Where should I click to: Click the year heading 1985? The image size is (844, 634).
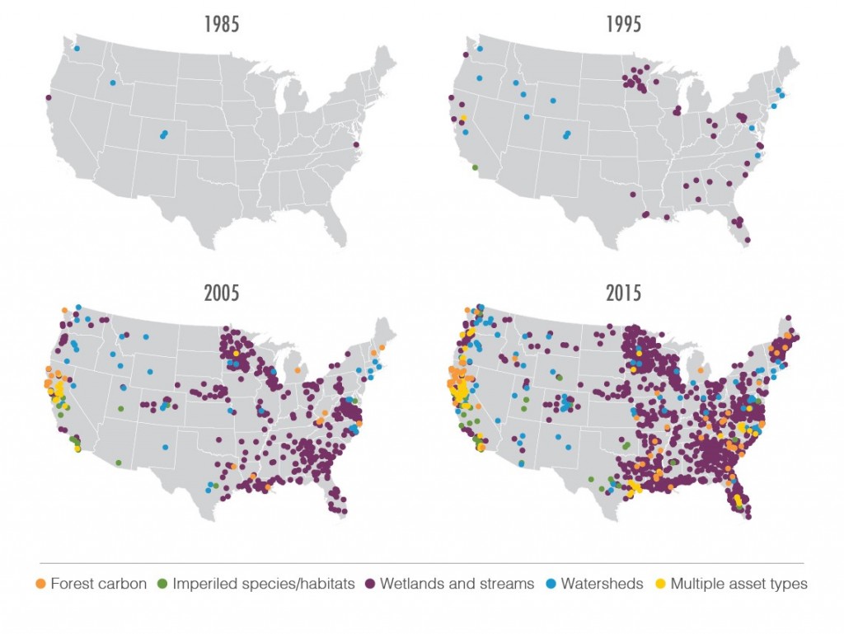[222, 23]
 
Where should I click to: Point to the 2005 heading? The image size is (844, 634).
[222, 293]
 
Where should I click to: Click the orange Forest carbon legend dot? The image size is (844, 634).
[41, 584]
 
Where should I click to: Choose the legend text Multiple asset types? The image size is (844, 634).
[738, 584]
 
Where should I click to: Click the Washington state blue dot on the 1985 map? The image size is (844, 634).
[77, 49]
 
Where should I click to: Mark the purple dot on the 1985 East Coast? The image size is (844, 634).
[356, 145]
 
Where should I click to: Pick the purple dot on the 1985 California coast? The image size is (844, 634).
[49, 97]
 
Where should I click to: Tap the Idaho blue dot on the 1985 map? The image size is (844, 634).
[113, 82]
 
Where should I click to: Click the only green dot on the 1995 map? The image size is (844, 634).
[475, 167]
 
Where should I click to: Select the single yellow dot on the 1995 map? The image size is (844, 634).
[464, 119]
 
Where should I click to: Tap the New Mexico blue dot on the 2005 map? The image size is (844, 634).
[165, 448]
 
